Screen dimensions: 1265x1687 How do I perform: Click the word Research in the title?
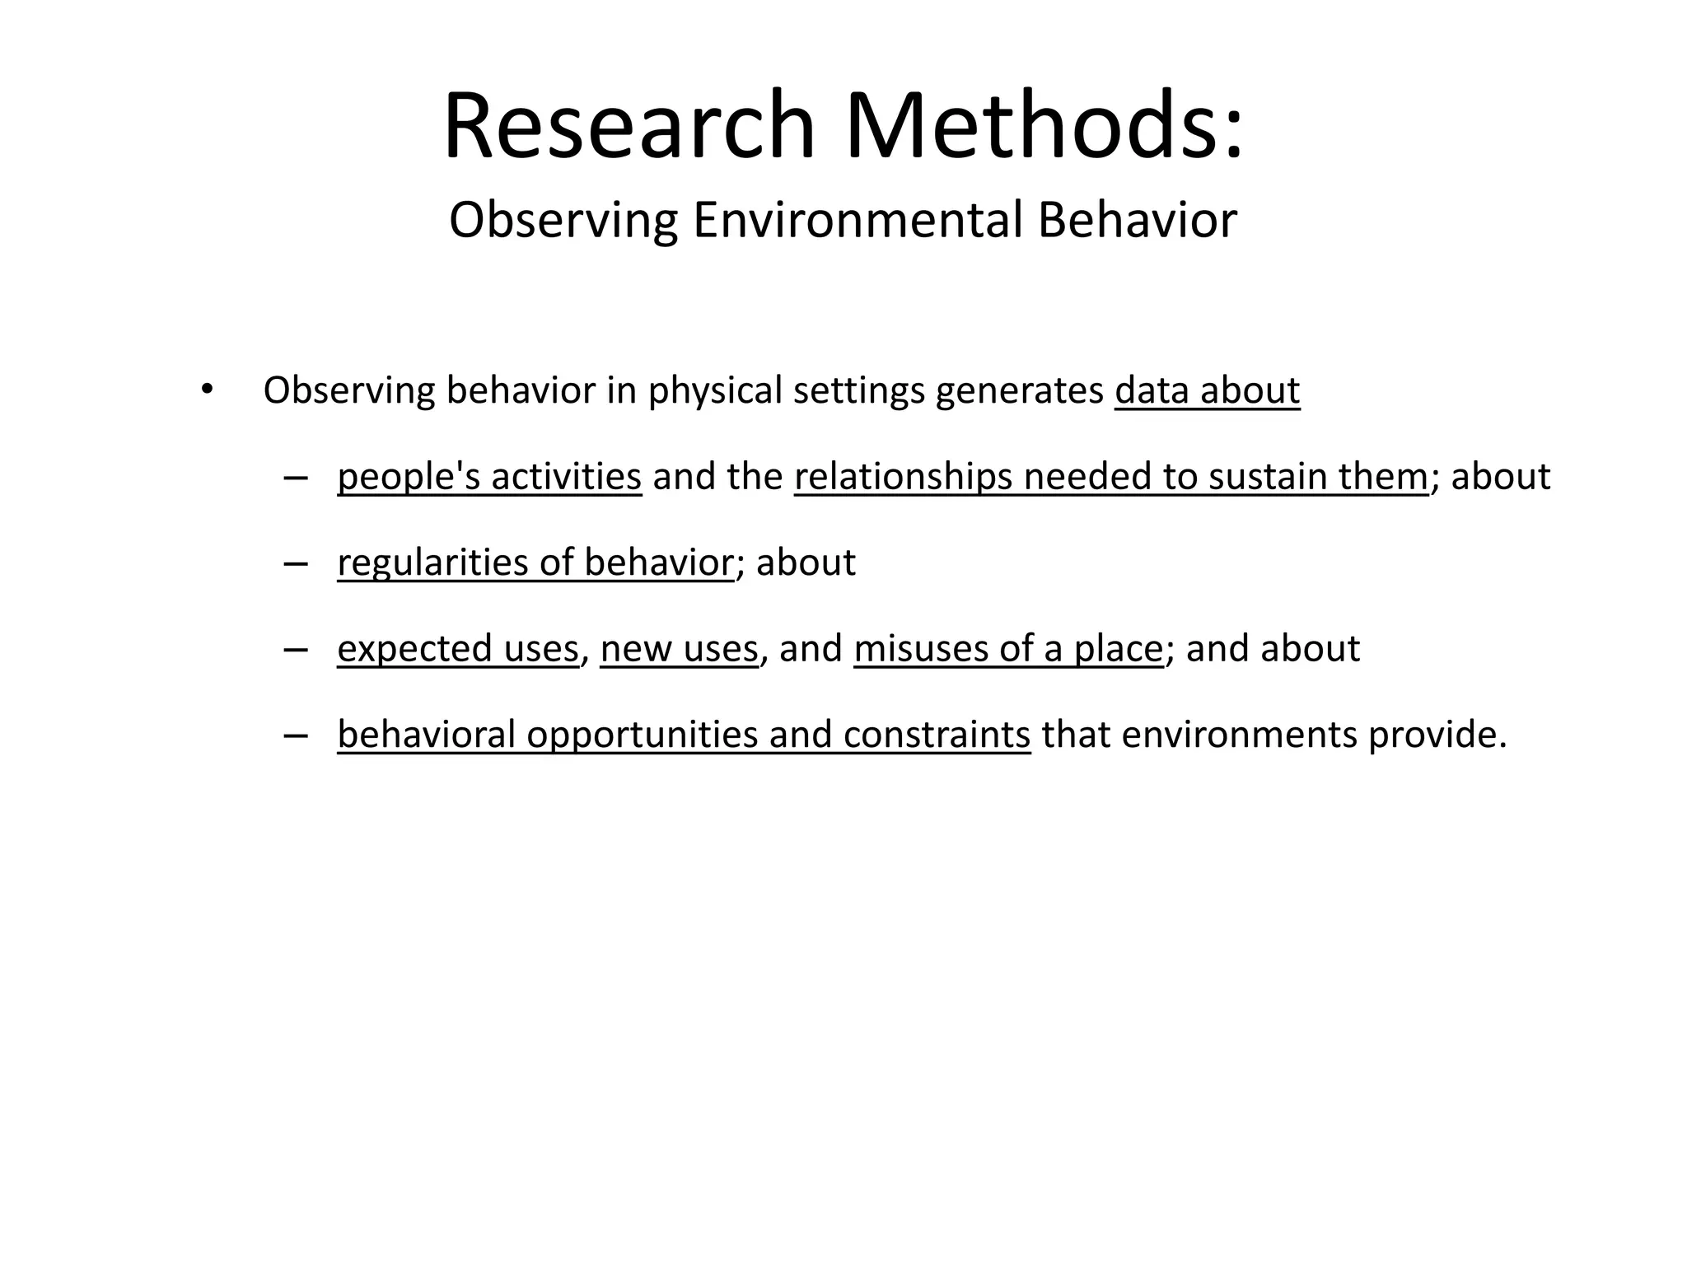629,127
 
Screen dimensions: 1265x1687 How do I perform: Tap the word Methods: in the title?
1044,127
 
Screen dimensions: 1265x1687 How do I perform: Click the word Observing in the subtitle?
563,221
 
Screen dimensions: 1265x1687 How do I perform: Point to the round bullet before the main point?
206,389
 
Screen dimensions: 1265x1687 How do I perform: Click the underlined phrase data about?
1207,390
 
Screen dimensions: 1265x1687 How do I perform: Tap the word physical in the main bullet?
715,390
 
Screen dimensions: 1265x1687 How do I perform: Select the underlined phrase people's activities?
489,477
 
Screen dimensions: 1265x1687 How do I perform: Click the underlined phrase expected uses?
458,649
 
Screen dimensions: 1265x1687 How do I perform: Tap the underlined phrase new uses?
679,649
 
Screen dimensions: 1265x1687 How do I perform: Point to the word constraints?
937,735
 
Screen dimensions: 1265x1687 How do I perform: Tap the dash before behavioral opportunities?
294,735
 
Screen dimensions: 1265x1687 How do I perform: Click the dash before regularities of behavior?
294,563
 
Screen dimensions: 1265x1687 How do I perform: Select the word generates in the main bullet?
1019,390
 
